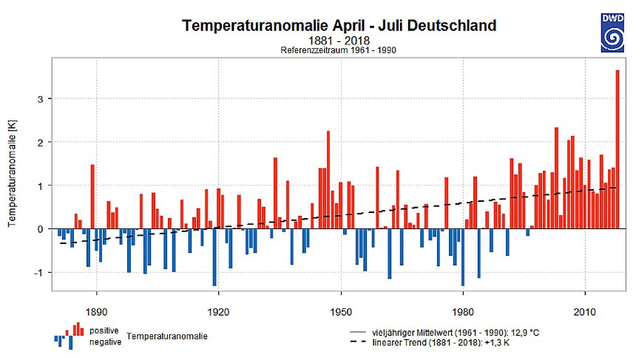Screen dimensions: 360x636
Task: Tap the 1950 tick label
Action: click(x=340, y=310)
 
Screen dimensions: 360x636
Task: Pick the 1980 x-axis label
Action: click(x=463, y=310)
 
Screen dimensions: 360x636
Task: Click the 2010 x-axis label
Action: click(x=585, y=310)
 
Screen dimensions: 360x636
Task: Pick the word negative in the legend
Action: click(x=106, y=342)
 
